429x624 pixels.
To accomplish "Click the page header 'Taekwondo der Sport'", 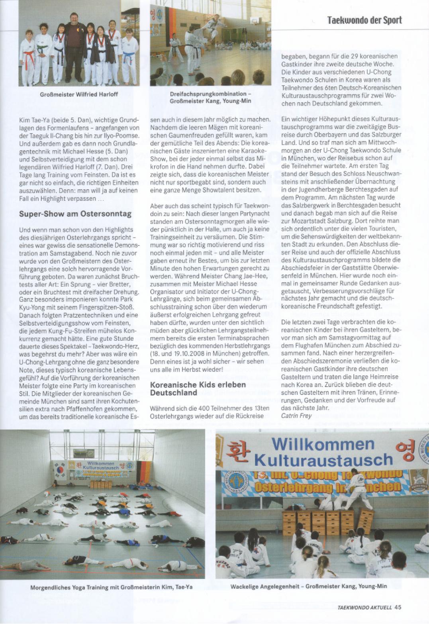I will (x=364, y=20).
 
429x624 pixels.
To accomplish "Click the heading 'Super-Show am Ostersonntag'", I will (x=75, y=214).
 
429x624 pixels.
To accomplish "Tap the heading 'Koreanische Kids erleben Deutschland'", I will (x=198, y=389).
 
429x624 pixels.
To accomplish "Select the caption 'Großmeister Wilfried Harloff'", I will (x=79, y=94).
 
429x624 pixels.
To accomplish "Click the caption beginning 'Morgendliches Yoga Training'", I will (x=111, y=587).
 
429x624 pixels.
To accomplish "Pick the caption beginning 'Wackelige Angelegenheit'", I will (x=308, y=586).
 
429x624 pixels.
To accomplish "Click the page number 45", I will (x=398, y=607).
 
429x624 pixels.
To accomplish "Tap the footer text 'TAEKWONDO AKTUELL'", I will (x=364, y=608).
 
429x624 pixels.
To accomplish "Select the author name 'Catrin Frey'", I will (x=296, y=416).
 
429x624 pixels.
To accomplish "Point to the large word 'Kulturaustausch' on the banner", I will (x=323, y=460).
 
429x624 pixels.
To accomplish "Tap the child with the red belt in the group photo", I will (x=28, y=58).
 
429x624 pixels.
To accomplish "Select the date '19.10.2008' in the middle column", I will (x=183, y=353).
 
